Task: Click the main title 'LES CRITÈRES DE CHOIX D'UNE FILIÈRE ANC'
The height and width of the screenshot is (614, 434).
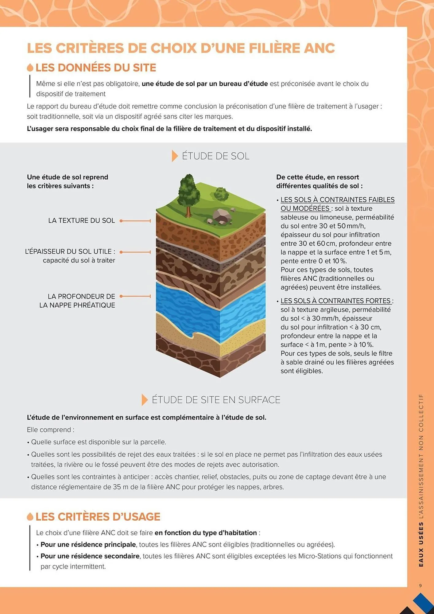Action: pos(181,48)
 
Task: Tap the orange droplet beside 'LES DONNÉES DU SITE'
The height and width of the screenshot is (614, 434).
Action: pos(30,68)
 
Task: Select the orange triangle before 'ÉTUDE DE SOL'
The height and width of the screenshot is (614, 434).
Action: pos(175,156)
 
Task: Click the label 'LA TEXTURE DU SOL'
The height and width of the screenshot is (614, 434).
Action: pos(81,220)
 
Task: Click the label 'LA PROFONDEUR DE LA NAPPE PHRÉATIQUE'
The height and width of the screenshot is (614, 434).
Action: pos(77,301)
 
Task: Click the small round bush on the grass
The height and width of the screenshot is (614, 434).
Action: pos(221,194)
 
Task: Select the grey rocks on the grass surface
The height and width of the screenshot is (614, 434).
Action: pos(220,215)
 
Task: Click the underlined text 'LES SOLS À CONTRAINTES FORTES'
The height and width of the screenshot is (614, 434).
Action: pos(335,301)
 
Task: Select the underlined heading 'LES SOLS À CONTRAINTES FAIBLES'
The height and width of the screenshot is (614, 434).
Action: pos(337,200)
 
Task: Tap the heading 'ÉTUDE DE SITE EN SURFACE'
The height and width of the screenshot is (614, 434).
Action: pos(216,400)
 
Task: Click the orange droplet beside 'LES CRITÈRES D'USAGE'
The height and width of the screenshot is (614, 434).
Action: pos(30,517)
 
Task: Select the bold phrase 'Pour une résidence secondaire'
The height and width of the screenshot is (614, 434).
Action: pos(90,556)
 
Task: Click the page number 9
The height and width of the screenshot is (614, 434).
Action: pos(420,585)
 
